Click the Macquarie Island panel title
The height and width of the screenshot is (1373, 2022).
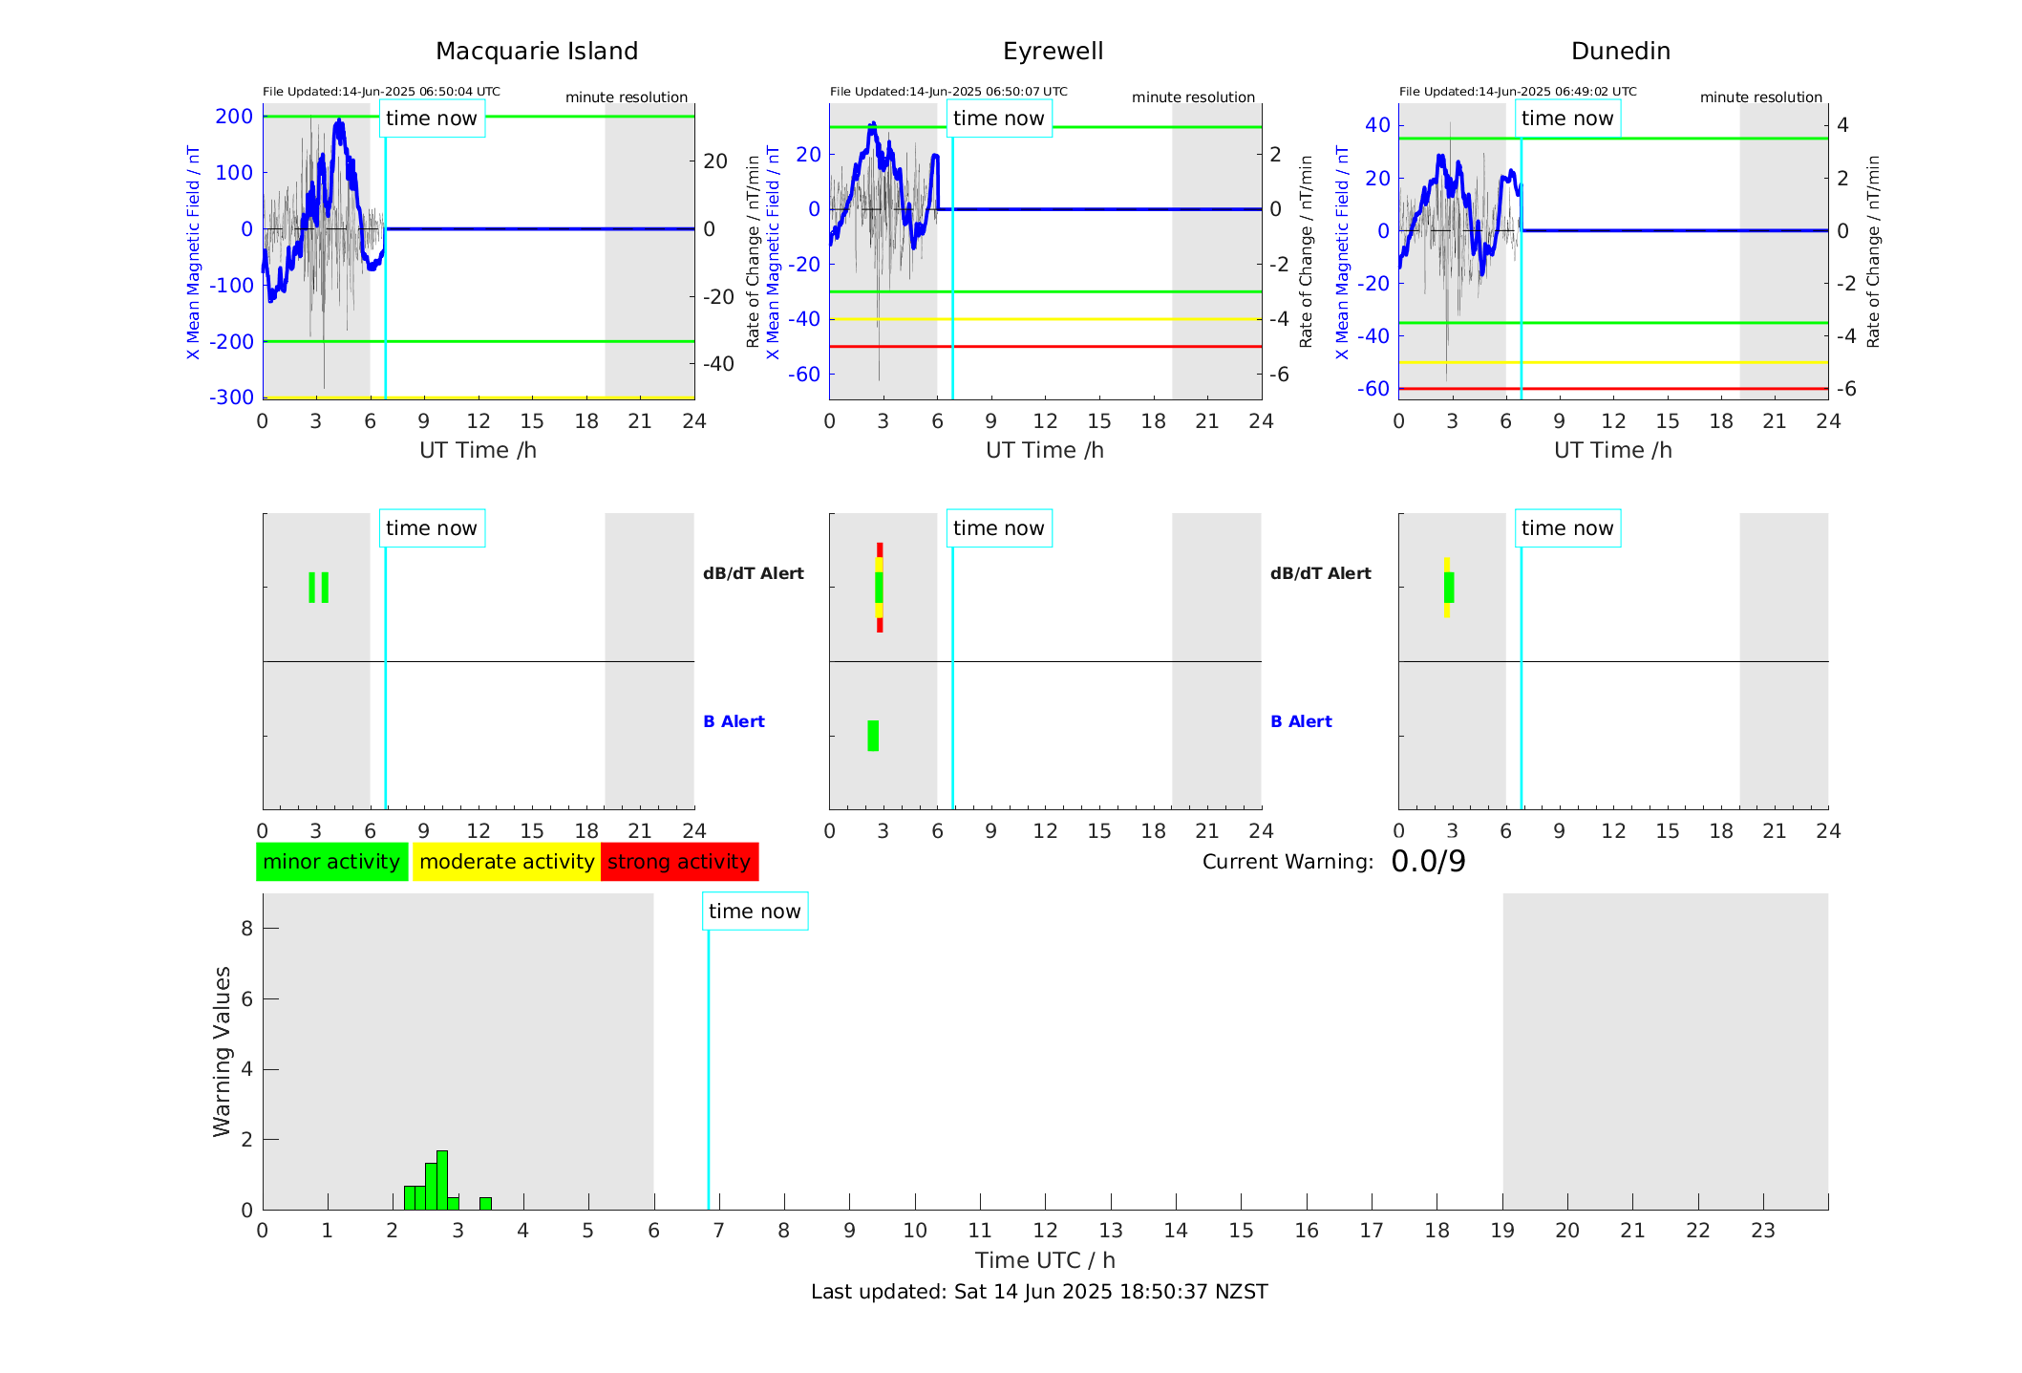(536, 52)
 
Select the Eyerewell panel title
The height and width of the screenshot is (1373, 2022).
(1053, 52)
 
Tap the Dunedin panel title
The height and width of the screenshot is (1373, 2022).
(1620, 52)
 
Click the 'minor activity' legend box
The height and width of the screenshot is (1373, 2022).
(331, 862)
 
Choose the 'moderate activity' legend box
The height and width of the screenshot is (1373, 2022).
(506, 862)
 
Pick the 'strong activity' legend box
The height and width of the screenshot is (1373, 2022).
(679, 862)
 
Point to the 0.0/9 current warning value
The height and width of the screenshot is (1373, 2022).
(1428, 862)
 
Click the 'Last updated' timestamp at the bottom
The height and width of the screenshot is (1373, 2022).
(1039, 1292)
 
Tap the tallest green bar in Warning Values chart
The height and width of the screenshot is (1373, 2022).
(442, 1180)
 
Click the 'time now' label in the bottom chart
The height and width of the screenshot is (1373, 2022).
(755, 912)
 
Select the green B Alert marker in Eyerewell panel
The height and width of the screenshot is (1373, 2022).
(873, 736)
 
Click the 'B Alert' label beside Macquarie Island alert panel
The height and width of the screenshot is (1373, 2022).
(734, 721)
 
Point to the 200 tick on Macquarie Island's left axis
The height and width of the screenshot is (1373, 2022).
(234, 117)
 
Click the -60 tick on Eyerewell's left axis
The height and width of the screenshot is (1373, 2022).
(803, 375)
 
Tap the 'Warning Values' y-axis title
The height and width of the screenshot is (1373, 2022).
(222, 1051)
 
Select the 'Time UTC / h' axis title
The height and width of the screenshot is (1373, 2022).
(1045, 1260)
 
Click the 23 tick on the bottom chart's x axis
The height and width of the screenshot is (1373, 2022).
(1762, 1231)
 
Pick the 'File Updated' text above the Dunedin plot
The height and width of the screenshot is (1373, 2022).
(1518, 92)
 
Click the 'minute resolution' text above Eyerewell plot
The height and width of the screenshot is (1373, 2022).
(1193, 97)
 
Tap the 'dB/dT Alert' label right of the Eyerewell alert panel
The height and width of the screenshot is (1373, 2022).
(1320, 573)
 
